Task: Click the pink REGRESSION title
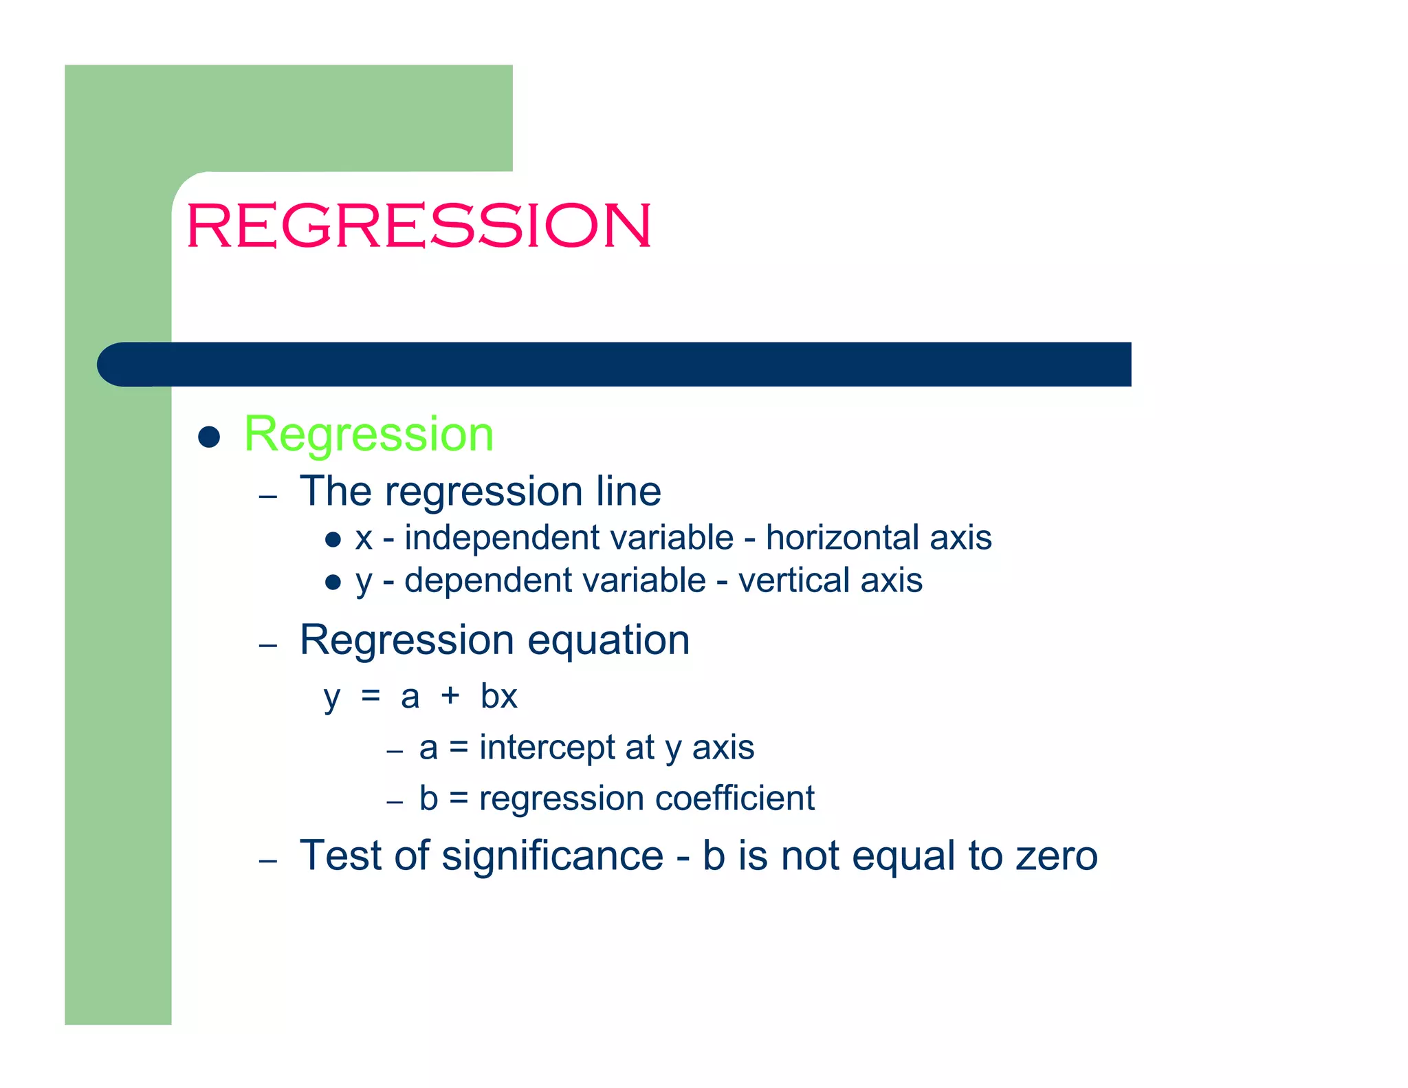pyautogui.click(x=418, y=225)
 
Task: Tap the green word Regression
pyautogui.click(x=368, y=435)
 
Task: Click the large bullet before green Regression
pyautogui.click(x=209, y=437)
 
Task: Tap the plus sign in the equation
pyautogui.click(x=450, y=696)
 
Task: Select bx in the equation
pyautogui.click(x=498, y=696)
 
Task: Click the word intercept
pyautogui.click(x=567, y=748)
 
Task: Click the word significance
pyautogui.click(x=552, y=856)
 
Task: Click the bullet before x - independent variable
pyautogui.click(x=333, y=540)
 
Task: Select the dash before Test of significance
pyautogui.click(x=268, y=861)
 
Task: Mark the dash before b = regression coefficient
pyautogui.click(x=394, y=802)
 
